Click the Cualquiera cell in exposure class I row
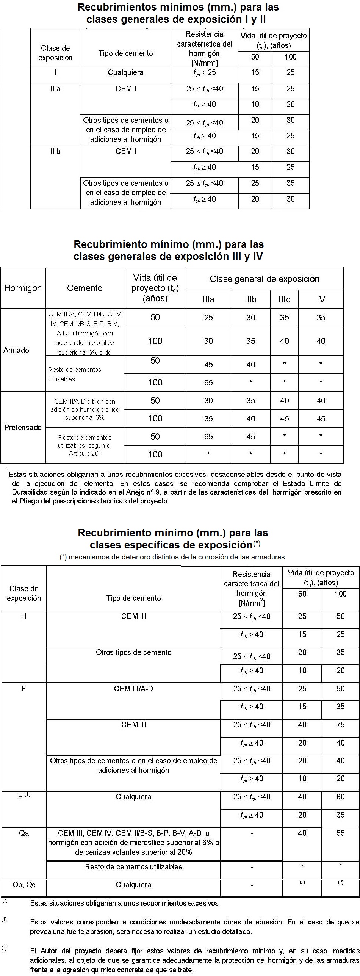125,72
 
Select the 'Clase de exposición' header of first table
55,53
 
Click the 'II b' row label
55,151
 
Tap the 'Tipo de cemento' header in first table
125,53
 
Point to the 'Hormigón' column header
23,288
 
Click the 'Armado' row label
16,350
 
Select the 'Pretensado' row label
23,428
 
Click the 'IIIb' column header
250,299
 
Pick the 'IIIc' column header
284,299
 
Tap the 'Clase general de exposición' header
265,279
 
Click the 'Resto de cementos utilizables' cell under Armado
75,374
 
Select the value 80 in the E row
340,796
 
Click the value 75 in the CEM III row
340,724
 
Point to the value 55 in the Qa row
340,833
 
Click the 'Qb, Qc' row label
24,885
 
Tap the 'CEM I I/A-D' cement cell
133,688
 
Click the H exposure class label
23,616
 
